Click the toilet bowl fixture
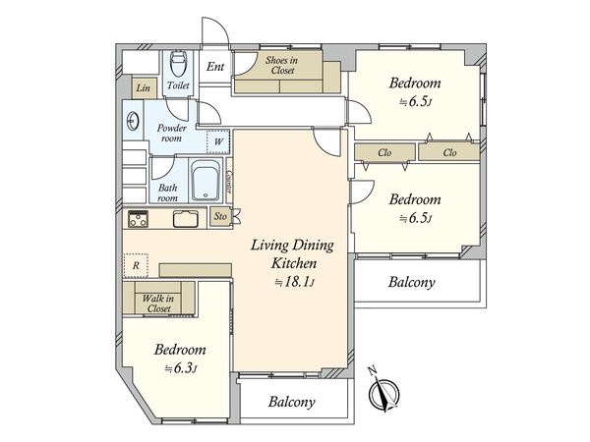point(177,63)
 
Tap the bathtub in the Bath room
point(206,181)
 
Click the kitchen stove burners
point(138,219)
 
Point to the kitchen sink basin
point(186,219)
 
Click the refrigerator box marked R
point(136,265)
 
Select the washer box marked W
point(218,141)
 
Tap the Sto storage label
point(220,216)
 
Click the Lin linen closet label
point(143,88)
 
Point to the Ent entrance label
point(215,67)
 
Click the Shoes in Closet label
point(282,65)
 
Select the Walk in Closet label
point(158,304)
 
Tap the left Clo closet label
point(384,152)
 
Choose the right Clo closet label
point(449,152)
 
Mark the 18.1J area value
point(294,282)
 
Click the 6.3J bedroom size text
point(181,368)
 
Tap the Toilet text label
point(178,85)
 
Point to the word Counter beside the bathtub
point(229,182)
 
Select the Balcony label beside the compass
point(292,402)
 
